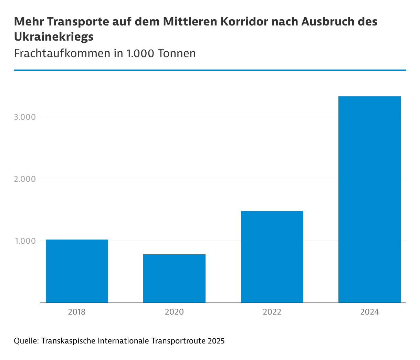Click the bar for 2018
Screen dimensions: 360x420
77,271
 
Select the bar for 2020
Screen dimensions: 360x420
174,278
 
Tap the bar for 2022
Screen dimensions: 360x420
272,257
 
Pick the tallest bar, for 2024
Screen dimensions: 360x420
369,200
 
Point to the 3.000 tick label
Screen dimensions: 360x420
25,117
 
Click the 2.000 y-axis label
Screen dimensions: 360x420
25,179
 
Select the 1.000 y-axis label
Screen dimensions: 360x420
25,241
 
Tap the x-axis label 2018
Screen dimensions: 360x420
77,312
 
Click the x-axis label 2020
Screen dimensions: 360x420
174,312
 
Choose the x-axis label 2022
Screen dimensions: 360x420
272,312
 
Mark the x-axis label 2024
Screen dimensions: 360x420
369,312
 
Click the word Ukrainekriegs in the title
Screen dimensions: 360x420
54,36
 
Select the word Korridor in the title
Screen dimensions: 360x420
244,22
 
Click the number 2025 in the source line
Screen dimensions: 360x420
216,341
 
